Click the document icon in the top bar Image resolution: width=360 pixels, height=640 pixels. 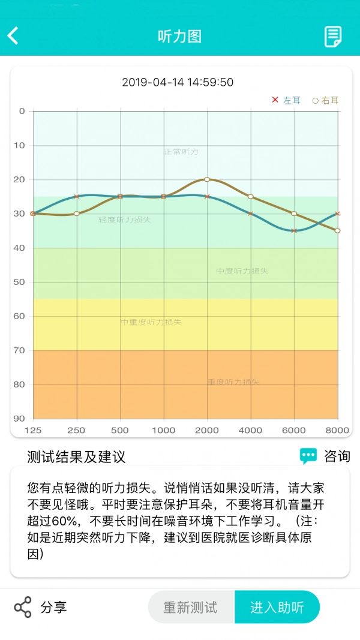pyautogui.click(x=333, y=37)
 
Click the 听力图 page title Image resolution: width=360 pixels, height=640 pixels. pyautogui.click(x=179, y=36)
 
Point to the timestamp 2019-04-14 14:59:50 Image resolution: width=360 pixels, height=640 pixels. pyautogui.click(x=178, y=82)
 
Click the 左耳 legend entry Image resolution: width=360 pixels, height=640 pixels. pyautogui.click(x=286, y=100)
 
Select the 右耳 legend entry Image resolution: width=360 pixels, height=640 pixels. pyautogui.click(x=325, y=101)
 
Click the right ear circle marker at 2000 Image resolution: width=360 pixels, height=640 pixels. pyautogui.click(x=207, y=179)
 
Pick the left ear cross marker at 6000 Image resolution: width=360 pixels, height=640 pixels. pyautogui.click(x=294, y=230)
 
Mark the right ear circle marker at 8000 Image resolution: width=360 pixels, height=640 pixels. pyautogui.click(x=338, y=230)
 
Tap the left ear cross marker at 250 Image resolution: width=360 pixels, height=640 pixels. pyautogui.click(x=76, y=196)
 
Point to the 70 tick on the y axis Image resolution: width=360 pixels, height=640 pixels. pyautogui.click(x=20, y=350)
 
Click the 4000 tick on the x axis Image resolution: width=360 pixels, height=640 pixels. pyautogui.click(x=250, y=430)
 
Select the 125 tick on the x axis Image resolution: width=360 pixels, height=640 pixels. pyautogui.click(x=33, y=430)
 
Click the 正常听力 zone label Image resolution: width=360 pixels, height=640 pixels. pyautogui.click(x=181, y=152)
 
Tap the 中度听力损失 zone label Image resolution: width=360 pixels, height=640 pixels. pyautogui.click(x=242, y=271)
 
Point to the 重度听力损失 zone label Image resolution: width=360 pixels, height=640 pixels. pyautogui.click(x=233, y=382)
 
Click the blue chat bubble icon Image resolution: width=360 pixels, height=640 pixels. pyautogui.click(x=308, y=456)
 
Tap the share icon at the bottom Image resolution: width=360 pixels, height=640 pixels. pyautogui.click(x=23, y=607)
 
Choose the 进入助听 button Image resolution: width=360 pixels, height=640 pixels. pyautogui.click(x=277, y=607)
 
